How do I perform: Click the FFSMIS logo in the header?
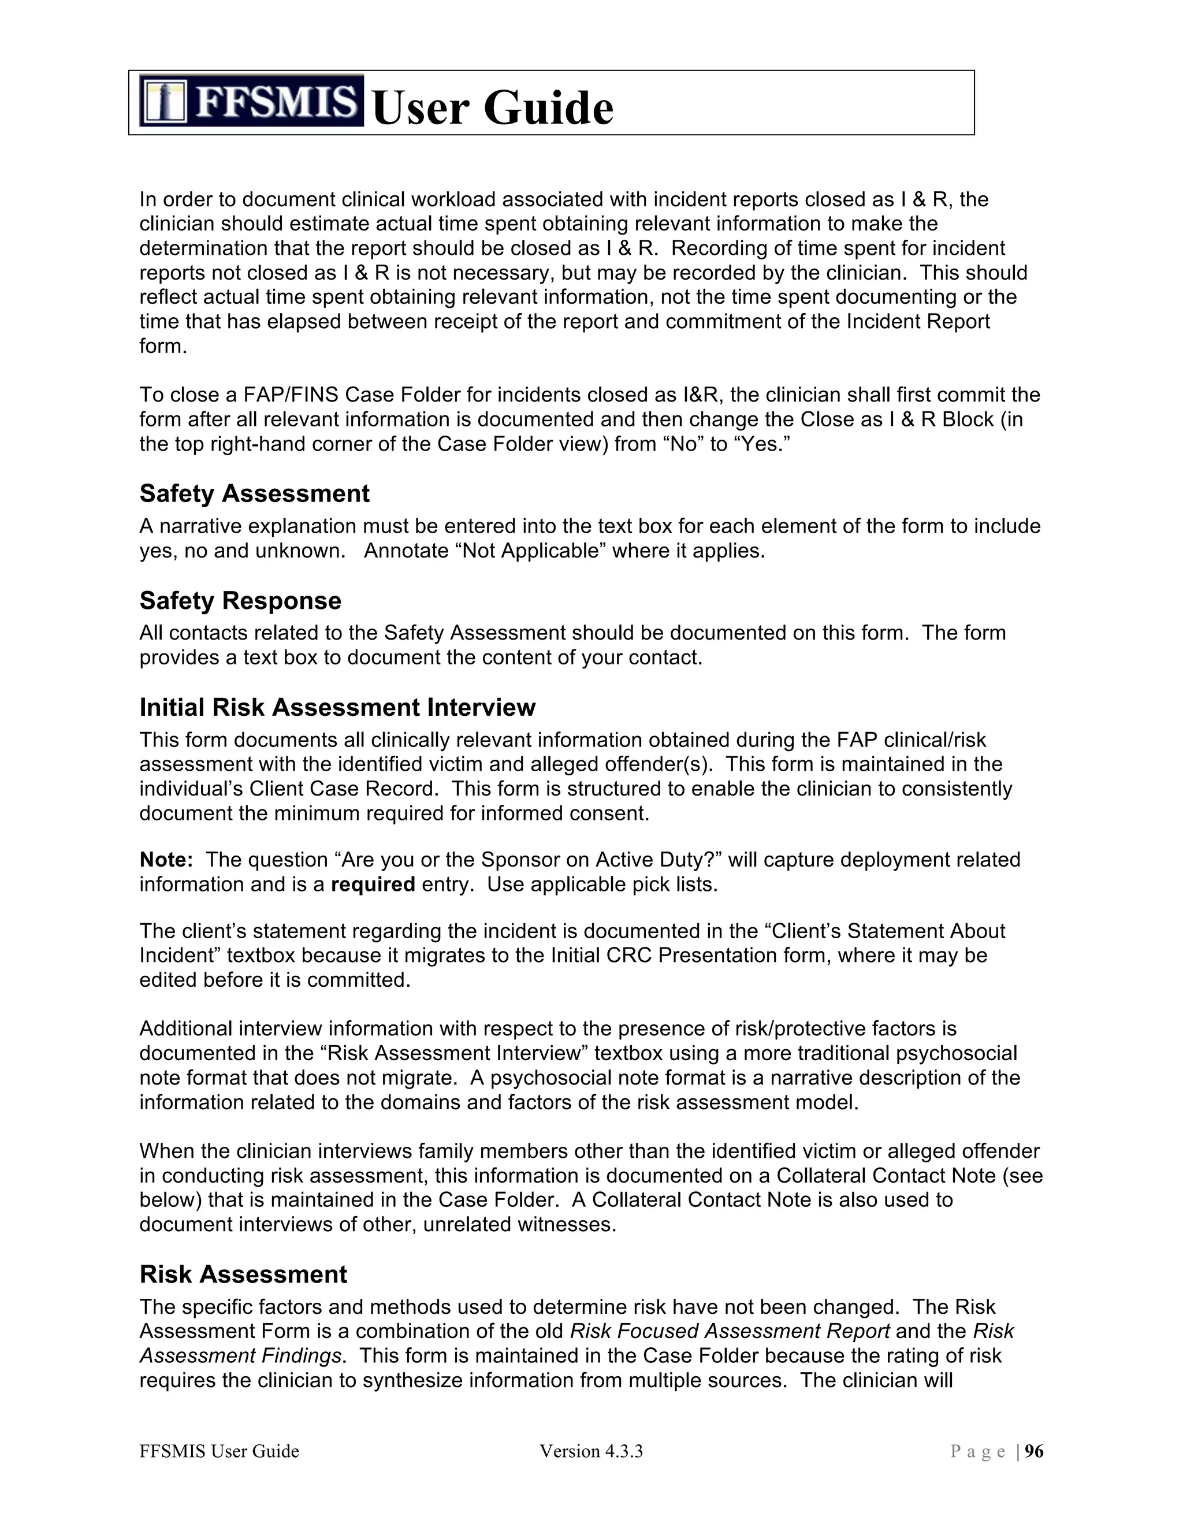[x=251, y=101]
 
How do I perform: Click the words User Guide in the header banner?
[x=493, y=108]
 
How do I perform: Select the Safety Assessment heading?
[x=254, y=493]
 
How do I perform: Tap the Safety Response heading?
[x=240, y=601]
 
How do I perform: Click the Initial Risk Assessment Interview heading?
[x=337, y=707]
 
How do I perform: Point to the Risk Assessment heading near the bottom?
[x=243, y=1274]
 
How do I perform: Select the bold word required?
[x=373, y=884]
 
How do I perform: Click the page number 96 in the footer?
[x=1034, y=1451]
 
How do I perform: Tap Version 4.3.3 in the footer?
[x=591, y=1451]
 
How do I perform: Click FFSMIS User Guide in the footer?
[x=220, y=1451]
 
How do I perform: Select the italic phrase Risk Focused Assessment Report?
[x=730, y=1331]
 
